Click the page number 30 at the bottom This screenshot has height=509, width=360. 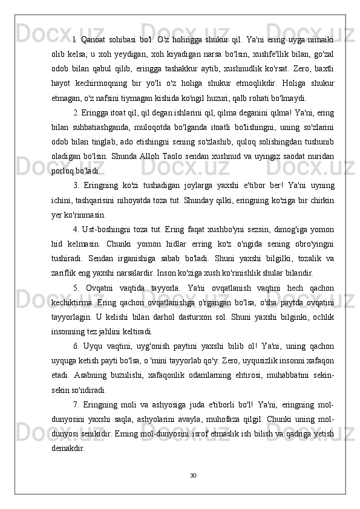[180, 475]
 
